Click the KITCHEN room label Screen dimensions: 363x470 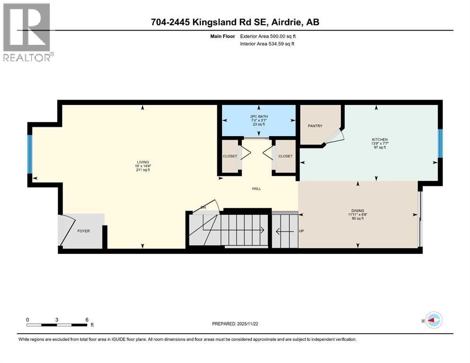(x=380, y=139)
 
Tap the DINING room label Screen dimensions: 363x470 (x=357, y=212)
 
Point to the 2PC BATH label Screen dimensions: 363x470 (x=258, y=116)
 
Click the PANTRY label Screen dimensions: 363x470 (x=315, y=126)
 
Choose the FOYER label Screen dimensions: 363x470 (x=83, y=231)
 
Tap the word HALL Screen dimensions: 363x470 (x=256, y=189)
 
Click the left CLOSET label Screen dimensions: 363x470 (x=230, y=156)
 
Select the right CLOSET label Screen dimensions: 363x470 (x=285, y=156)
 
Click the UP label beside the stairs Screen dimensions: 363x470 (x=302, y=231)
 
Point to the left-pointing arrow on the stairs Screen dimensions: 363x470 (x=285, y=231)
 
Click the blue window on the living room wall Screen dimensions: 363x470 (x=30, y=154)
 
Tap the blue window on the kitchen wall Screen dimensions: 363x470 (x=440, y=143)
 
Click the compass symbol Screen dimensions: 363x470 (x=433, y=320)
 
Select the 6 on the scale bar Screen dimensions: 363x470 (x=86, y=320)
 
